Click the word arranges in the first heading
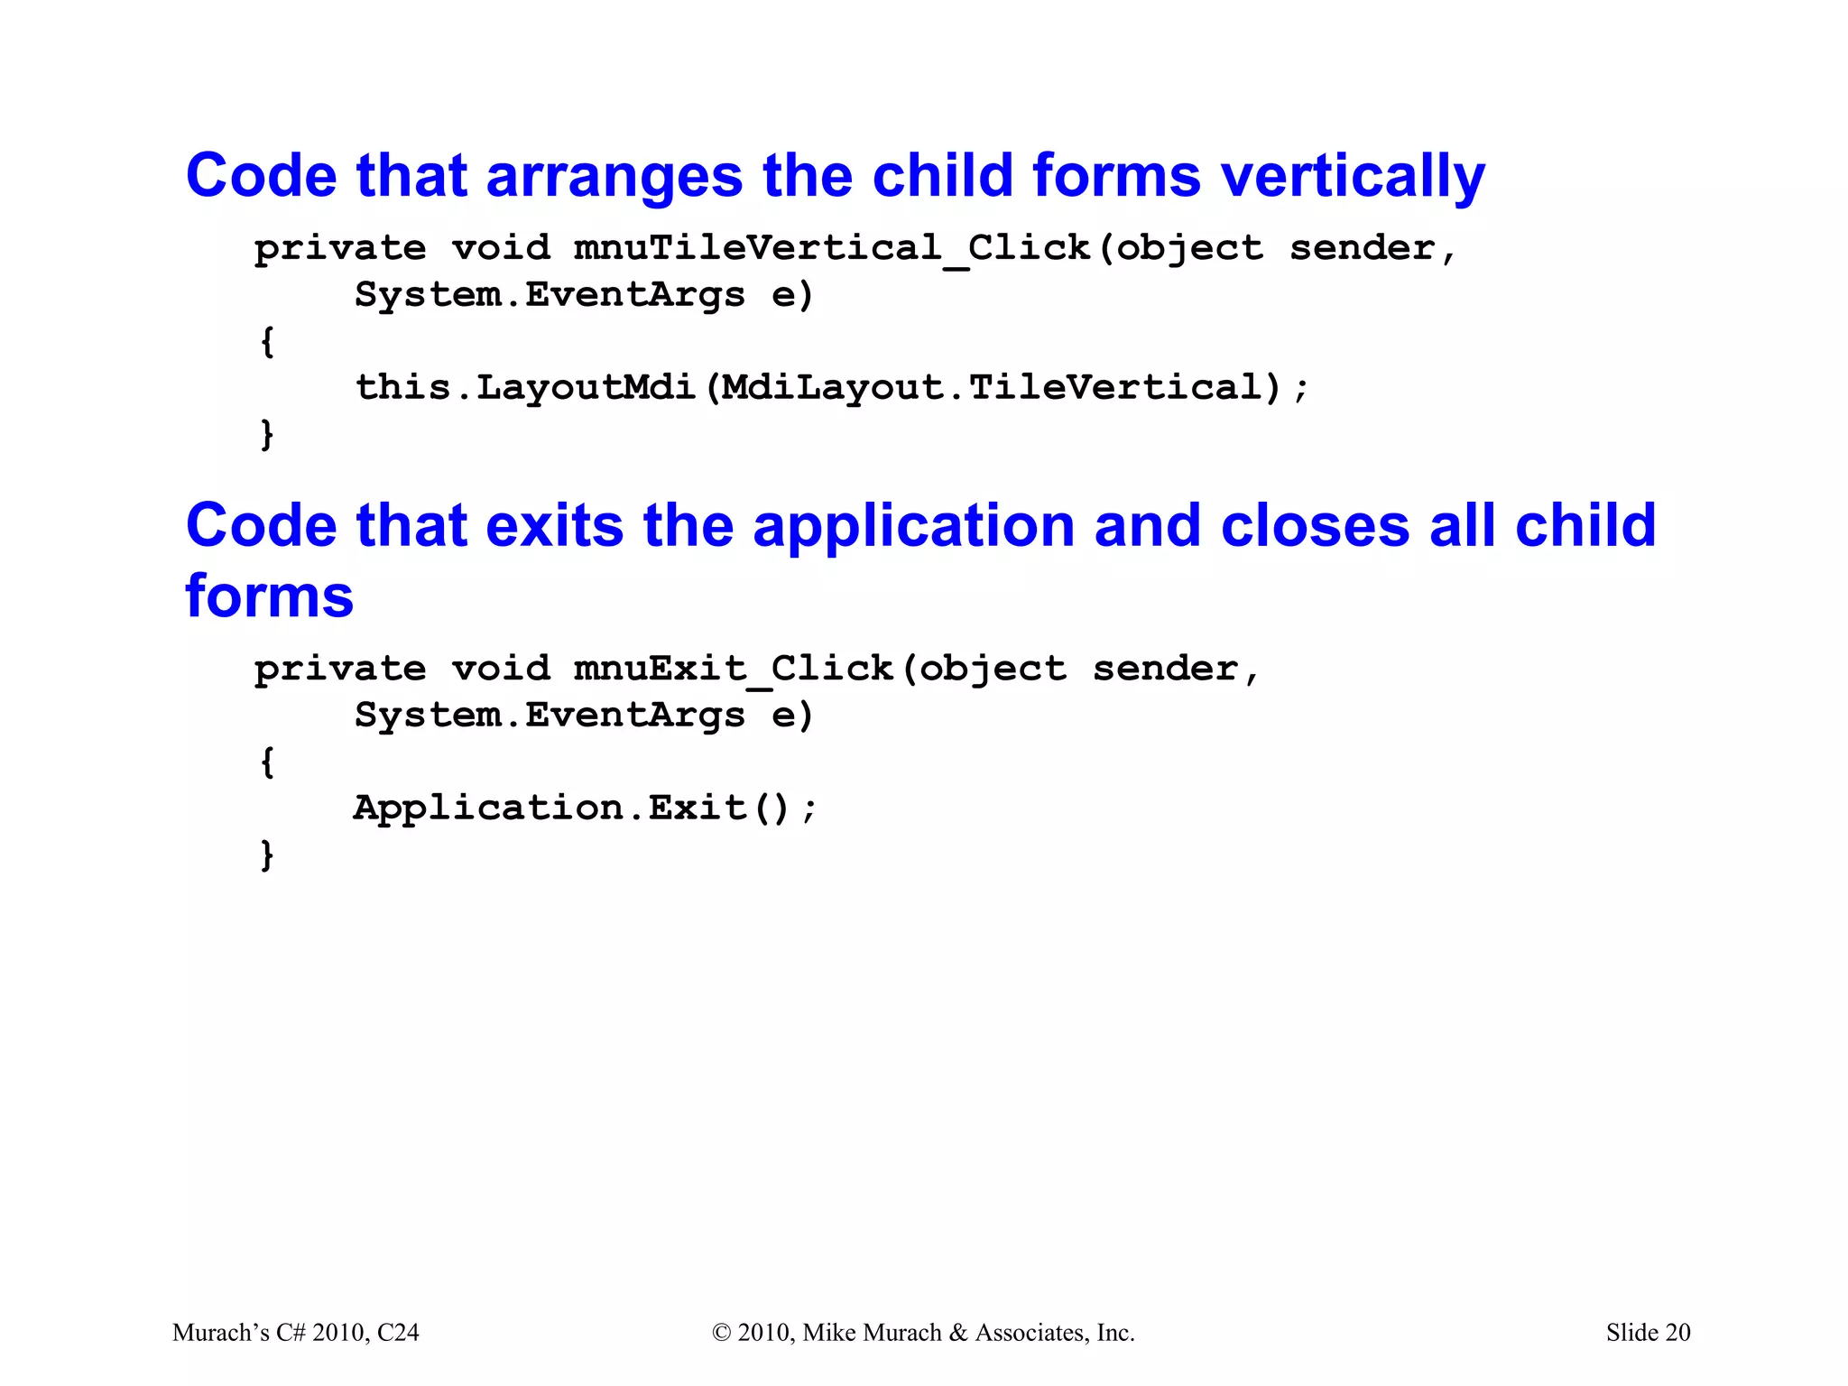(x=614, y=176)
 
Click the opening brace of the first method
(x=267, y=342)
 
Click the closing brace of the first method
(x=267, y=435)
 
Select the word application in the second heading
(x=913, y=526)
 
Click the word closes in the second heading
(x=1315, y=526)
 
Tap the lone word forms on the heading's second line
(x=269, y=596)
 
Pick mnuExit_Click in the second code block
(x=734, y=669)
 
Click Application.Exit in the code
(x=550, y=808)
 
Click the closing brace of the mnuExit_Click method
(x=267, y=855)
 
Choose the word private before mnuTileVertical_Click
(x=340, y=248)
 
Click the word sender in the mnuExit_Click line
(x=1165, y=669)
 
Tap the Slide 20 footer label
(x=1648, y=1333)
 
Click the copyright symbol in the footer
(x=721, y=1333)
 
